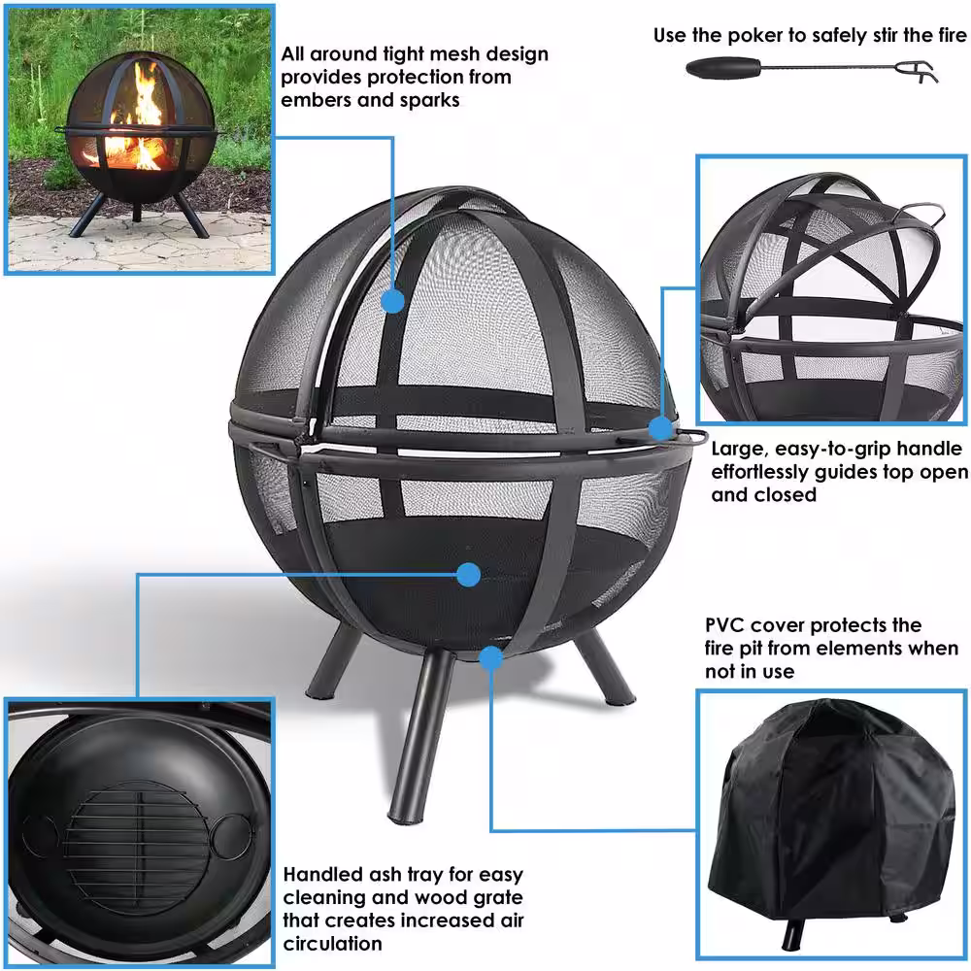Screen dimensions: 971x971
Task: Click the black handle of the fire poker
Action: (x=723, y=68)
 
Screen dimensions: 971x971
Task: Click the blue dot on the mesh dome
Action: (x=392, y=302)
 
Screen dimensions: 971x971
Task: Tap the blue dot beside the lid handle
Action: (x=660, y=428)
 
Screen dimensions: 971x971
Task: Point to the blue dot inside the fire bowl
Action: (x=469, y=575)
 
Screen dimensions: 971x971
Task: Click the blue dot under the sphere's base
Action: (x=491, y=658)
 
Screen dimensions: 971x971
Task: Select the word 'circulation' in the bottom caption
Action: (x=332, y=944)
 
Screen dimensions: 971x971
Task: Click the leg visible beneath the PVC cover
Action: (x=790, y=934)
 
